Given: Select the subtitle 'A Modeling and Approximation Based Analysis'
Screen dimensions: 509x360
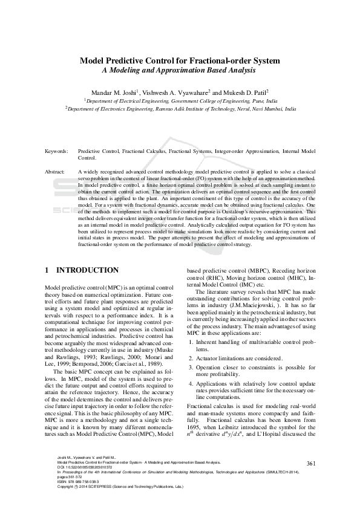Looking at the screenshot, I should tap(180, 71).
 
